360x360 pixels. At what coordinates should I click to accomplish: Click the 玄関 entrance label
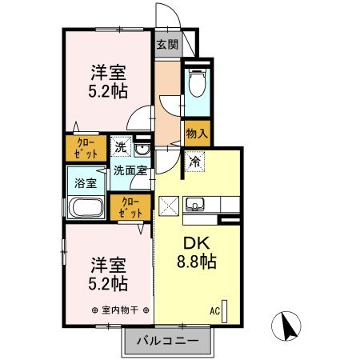click(x=166, y=45)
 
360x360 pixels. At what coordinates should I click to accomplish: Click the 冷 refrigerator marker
click(x=194, y=161)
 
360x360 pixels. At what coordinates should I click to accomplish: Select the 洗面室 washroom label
click(x=129, y=170)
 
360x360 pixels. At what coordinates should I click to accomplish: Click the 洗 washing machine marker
click(x=119, y=148)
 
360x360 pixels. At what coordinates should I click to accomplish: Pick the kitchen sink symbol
click(x=194, y=206)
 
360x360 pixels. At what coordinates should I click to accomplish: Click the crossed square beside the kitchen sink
click(x=170, y=206)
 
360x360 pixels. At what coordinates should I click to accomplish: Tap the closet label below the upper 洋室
click(x=82, y=149)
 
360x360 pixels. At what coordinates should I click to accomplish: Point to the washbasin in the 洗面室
click(x=142, y=150)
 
